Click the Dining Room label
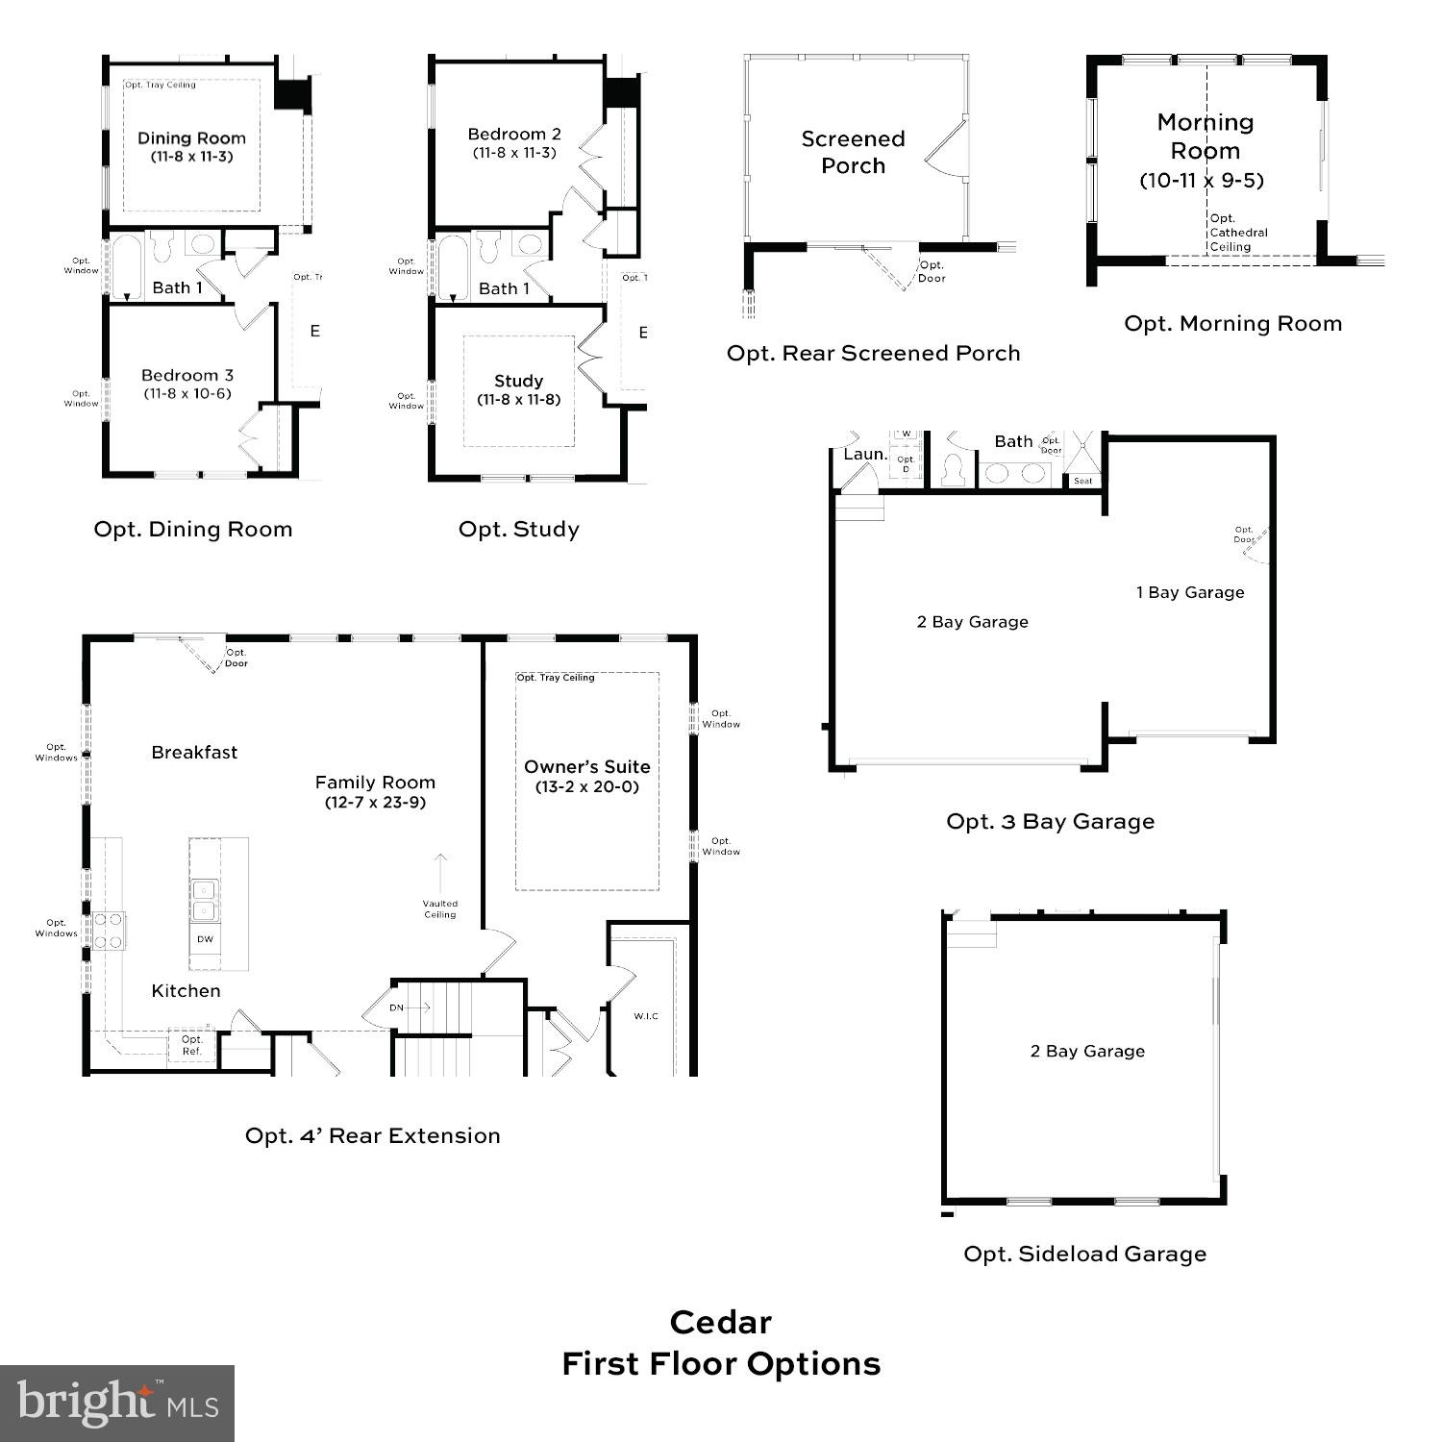click(191, 138)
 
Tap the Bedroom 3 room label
click(187, 376)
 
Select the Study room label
click(519, 382)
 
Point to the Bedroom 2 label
click(514, 135)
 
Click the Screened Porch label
click(854, 152)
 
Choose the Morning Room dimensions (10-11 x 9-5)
click(1202, 181)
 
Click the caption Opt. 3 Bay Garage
click(1050, 822)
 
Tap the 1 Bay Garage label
click(1190, 593)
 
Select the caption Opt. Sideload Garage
click(1084, 1255)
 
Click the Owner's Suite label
click(587, 767)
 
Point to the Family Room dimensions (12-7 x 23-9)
click(375, 803)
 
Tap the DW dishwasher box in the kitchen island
click(205, 939)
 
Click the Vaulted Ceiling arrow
click(440, 872)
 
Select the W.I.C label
click(646, 1016)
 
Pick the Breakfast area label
click(194, 753)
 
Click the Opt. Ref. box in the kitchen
click(192, 1046)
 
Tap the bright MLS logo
click(117, 1403)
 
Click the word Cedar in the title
click(721, 1323)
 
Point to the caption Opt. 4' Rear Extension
click(373, 1136)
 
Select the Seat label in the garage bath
click(1083, 481)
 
